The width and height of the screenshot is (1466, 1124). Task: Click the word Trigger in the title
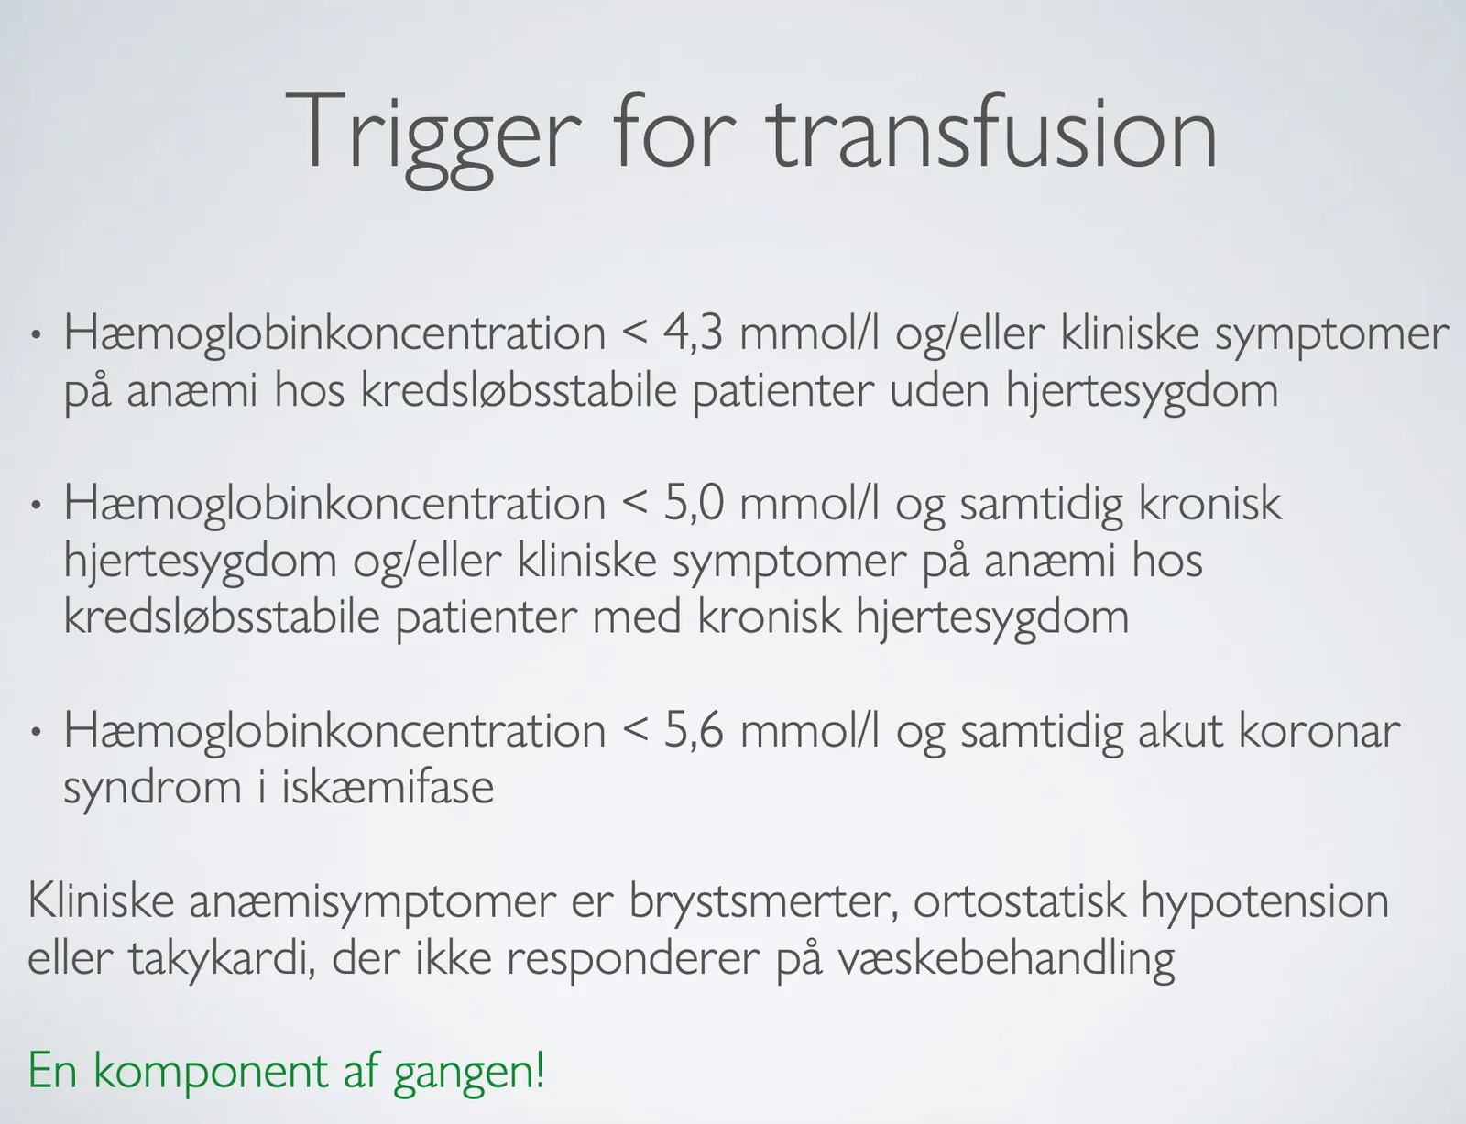pos(432,137)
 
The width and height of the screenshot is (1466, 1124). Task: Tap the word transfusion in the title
pos(991,132)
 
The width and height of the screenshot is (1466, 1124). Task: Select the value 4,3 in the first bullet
pos(694,333)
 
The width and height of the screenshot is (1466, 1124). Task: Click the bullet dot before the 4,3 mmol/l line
pos(37,334)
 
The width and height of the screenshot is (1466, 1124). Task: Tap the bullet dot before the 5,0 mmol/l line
pos(37,505)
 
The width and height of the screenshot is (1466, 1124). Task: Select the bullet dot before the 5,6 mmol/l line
pos(37,732)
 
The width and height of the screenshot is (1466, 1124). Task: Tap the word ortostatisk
pos(1020,900)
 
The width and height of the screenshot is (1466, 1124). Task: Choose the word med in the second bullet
pos(636,617)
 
